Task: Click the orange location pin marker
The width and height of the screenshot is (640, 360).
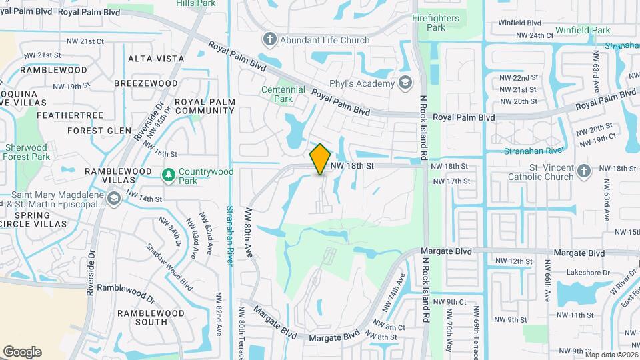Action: (320, 159)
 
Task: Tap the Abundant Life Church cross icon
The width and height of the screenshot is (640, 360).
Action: (270, 40)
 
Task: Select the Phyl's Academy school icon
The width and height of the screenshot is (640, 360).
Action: (404, 83)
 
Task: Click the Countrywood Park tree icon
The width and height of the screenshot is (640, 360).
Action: (169, 175)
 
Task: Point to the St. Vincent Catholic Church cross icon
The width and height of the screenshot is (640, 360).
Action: (583, 171)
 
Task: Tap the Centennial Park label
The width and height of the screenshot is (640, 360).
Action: (283, 94)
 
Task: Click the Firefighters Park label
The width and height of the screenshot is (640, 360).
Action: (436, 23)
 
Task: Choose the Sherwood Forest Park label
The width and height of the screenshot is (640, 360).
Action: (27, 151)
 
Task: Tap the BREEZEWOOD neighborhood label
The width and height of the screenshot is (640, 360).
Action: (146, 83)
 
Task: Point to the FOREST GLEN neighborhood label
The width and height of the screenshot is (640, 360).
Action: (99, 130)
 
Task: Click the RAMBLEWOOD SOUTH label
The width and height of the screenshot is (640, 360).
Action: (142, 317)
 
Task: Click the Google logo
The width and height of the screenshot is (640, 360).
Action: (22, 352)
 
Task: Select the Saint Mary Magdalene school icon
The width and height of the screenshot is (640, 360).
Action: (114, 198)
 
